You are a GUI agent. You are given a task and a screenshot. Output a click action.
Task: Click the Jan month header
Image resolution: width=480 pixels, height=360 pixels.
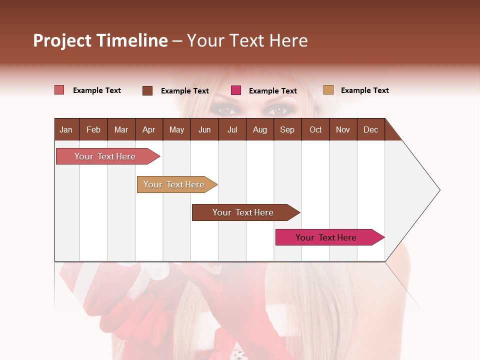pos(66,129)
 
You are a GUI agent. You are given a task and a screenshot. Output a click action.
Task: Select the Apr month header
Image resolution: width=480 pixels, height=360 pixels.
pos(148,129)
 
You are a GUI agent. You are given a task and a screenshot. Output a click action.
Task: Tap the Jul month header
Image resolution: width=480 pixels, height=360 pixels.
pos(232,129)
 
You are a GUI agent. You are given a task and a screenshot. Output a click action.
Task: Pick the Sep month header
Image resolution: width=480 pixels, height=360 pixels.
pos(287,129)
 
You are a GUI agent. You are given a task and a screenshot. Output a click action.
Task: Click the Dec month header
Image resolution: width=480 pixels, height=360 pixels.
pos(370,129)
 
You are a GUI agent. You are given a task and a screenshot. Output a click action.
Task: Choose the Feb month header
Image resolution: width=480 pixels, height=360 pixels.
pos(93,129)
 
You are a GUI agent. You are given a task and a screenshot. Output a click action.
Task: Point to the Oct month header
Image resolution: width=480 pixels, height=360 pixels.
pos(315,129)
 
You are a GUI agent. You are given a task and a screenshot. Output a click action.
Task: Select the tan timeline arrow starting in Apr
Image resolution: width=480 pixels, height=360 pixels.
pos(175,184)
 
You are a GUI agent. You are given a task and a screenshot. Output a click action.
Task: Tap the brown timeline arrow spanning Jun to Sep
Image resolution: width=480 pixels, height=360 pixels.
pos(244,212)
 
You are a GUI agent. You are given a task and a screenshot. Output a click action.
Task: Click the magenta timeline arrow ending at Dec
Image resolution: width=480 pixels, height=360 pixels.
pos(327,237)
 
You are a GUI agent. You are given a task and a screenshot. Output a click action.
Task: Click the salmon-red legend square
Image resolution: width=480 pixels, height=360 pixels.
pos(59,90)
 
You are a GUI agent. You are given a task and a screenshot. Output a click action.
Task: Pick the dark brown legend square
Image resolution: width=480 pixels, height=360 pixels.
pos(147,90)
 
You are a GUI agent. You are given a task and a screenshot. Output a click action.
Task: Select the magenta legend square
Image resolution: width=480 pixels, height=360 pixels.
pos(236,90)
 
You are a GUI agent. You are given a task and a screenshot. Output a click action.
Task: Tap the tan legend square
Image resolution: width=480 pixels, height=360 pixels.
pos(328,90)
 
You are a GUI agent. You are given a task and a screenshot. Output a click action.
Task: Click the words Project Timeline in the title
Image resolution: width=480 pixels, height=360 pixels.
pos(100,40)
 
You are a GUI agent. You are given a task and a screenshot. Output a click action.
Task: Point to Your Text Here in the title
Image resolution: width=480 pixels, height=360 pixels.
pos(247,40)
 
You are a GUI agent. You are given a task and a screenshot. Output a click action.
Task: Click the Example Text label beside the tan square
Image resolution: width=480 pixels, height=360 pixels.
pos(364,90)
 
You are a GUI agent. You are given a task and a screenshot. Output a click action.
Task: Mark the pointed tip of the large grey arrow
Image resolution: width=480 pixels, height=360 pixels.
pos(439,190)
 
